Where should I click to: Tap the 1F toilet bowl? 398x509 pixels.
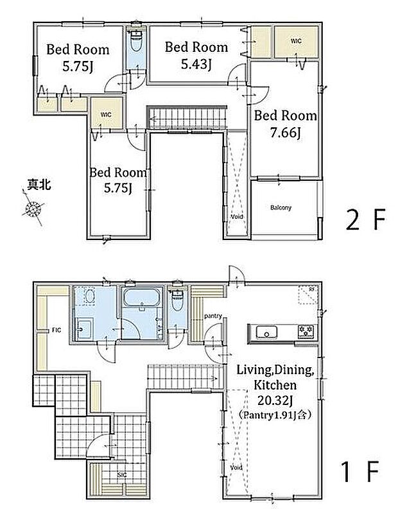click(177, 300)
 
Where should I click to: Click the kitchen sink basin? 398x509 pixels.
click(266, 332)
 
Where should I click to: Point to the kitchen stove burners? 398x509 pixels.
click(306, 331)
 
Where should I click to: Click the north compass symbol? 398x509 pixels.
click(33, 208)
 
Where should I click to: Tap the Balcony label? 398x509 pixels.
click(281, 207)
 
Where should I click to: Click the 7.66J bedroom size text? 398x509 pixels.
click(286, 132)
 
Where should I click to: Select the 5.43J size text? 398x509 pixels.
click(196, 64)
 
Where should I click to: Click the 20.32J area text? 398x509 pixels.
click(275, 401)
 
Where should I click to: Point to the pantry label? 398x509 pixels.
click(213, 316)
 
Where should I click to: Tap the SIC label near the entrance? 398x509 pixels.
click(122, 475)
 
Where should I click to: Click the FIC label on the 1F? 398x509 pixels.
click(56, 330)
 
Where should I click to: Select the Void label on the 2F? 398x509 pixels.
click(237, 216)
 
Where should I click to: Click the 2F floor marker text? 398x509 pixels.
click(365, 220)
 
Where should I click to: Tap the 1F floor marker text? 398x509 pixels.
click(360, 472)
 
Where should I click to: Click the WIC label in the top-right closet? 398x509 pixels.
click(296, 41)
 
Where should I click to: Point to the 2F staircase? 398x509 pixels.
click(187, 117)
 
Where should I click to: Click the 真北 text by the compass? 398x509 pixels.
click(39, 184)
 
